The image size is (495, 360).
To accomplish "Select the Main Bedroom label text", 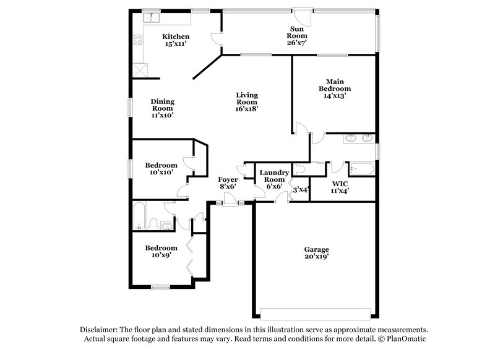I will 334,88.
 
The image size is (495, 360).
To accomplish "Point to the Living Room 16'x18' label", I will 246,101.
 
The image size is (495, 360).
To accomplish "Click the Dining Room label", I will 163,108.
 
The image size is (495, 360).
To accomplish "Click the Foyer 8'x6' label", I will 228,182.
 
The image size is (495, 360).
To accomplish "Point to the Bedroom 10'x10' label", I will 161,169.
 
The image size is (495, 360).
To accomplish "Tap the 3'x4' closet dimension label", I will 301,189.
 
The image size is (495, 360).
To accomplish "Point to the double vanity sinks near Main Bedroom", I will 359,138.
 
